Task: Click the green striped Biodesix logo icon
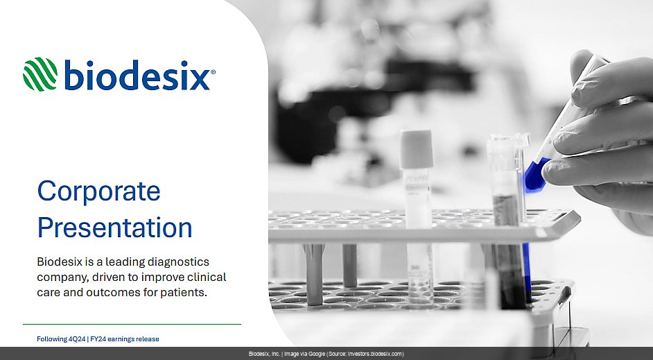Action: (x=40, y=74)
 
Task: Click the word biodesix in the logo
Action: (x=137, y=74)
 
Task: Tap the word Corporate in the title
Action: (x=98, y=191)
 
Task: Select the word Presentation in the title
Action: (x=114, y=228)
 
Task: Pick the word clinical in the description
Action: (x=207, y=277)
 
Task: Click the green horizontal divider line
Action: (x=132, y=324)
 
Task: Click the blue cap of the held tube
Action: (x=535, y=175)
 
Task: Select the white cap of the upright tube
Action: (x=417, y=148)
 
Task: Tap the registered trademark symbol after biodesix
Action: (x=214, y=72)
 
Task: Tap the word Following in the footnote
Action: (x=51, y=339)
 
